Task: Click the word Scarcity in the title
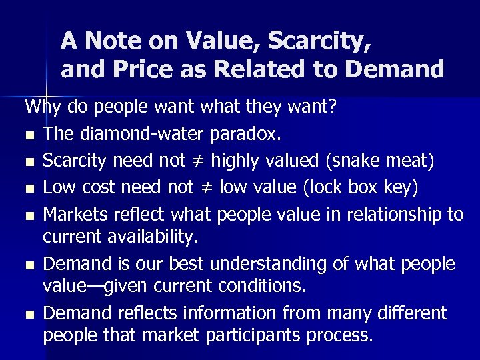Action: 318,41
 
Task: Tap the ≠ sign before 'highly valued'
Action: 202,161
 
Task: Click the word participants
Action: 253,335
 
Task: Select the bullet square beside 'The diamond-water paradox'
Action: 29,135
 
